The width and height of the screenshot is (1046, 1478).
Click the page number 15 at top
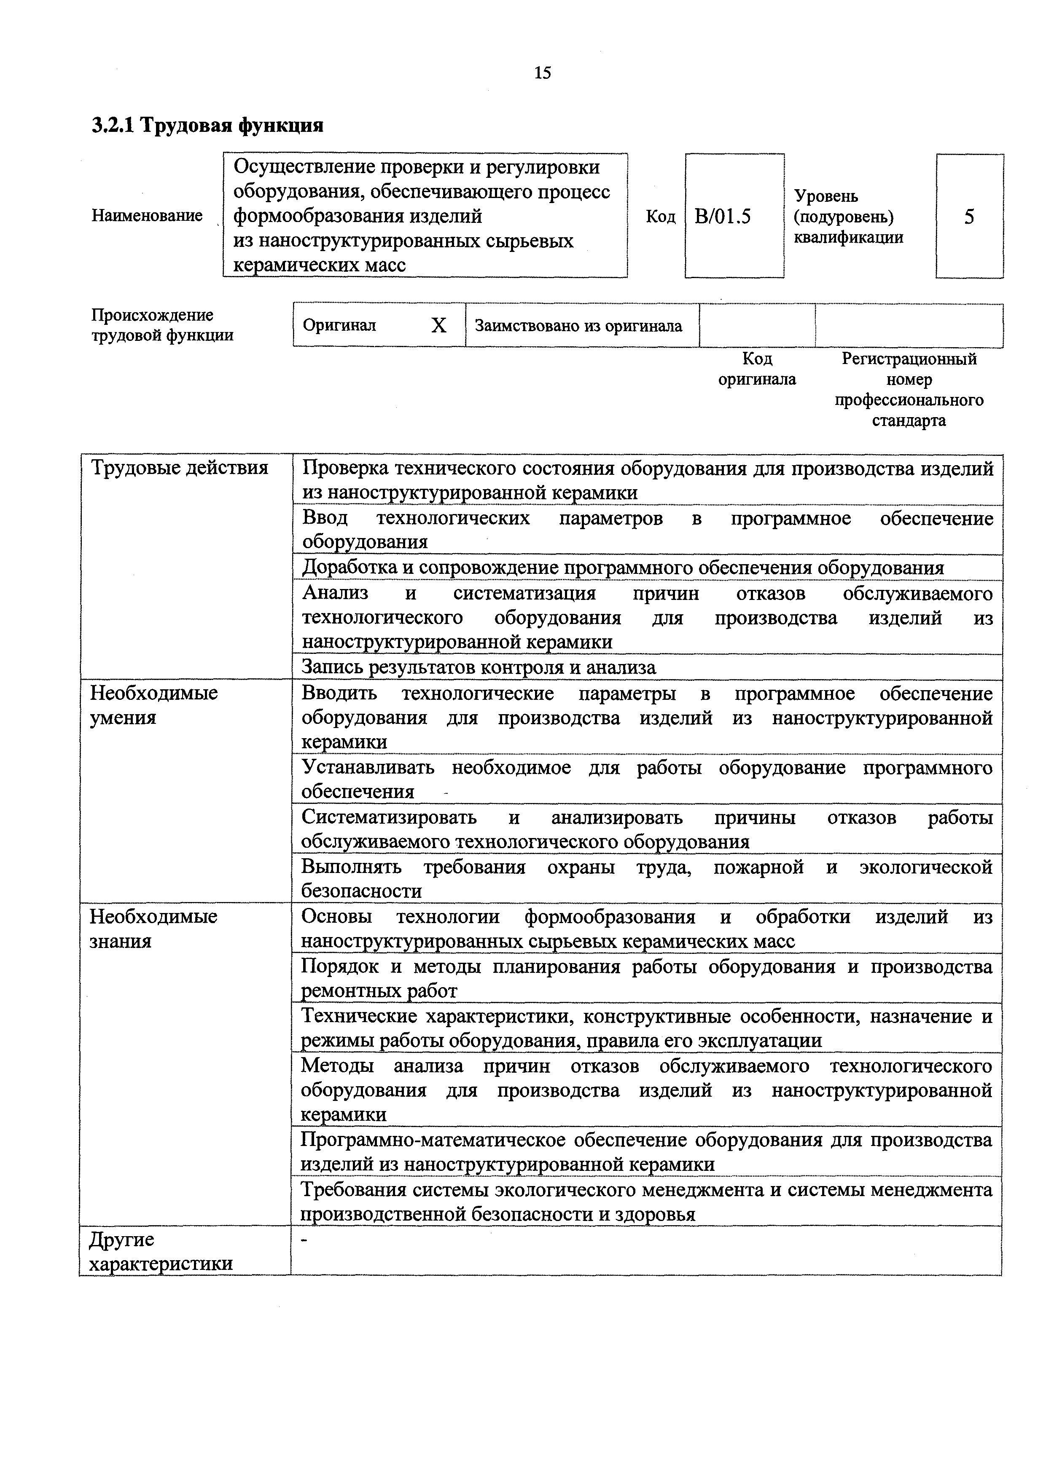tap(542, 73)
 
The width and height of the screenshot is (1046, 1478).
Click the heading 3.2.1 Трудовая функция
tap(207, 125)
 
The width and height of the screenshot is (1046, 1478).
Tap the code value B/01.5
tap(723, 216)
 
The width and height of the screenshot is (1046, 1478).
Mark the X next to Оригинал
tap(438, 326)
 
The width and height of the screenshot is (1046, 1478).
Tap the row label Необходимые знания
tap(153, 928)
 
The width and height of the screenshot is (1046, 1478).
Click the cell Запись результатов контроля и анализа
tap(479, 667)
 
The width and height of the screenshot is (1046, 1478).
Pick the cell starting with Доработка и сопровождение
tap(623, 568)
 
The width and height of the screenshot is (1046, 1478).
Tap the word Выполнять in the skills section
tap(352, 867)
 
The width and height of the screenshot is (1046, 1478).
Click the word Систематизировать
tap(389, 817)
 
